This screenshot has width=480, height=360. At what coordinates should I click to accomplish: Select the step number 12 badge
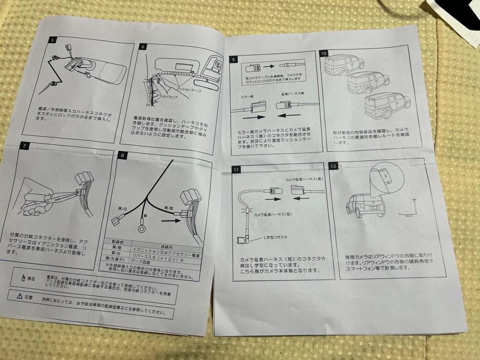tap(333, 166)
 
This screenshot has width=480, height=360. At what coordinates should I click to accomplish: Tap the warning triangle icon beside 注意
tap(19, 296)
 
